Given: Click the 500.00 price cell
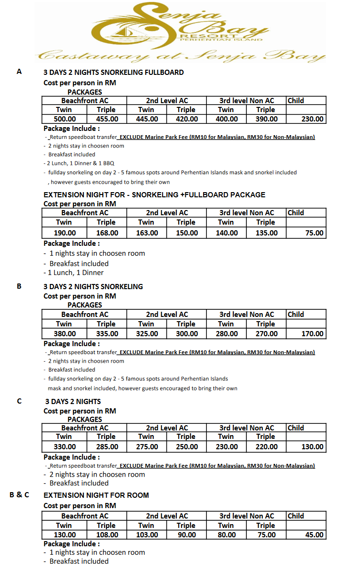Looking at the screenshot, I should (x=65, y=119).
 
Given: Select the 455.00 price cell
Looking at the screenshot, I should (x=106, y=119).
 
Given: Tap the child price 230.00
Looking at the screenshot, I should (x=312, y=119).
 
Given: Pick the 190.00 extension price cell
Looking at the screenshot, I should (x=65, y=233).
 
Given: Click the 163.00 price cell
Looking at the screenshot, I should (x=147, y=233).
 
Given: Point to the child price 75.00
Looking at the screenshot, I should (x=314, y=233).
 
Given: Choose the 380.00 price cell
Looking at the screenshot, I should (x=65, y=334).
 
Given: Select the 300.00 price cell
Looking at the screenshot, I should (x=187, y=334).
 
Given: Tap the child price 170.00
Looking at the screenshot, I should (x=312, y=334).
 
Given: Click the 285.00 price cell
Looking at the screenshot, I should (x=106, y=447).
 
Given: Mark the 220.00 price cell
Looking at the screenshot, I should (x=266, y=447).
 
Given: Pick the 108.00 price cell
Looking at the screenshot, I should (x=106, y=535).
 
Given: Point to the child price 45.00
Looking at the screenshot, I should (x=314, y=535).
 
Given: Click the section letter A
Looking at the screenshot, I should (x=19, y=72).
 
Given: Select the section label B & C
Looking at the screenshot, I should (x=19, y=494).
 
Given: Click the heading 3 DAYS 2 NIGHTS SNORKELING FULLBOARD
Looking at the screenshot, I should (x=114, y=73).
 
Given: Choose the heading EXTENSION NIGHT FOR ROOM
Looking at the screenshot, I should (x=96, y=495).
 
